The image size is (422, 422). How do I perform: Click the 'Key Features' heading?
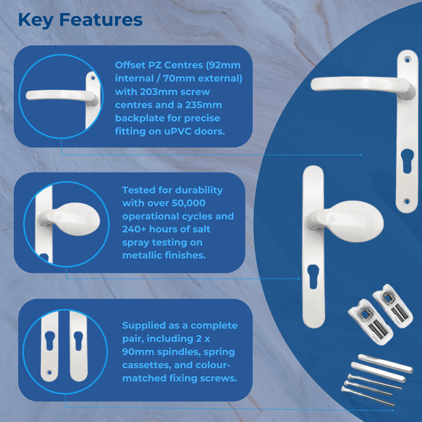click(x=80, y=20)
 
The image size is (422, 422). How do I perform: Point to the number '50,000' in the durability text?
click(x=189, y=203)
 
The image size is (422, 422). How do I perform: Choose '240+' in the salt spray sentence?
click(x=134, y=229)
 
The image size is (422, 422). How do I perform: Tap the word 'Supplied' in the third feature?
click(x=144, y=326)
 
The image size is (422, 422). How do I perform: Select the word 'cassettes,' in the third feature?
click(x=146, y=365)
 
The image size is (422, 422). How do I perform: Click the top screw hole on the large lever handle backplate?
click(x=407, y=60)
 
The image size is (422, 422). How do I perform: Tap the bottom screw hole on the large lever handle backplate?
click(x=407, y=201)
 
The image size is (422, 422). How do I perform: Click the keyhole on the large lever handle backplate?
click(x=407, y=161)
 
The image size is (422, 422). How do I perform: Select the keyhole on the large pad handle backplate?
click(x=313, y=277)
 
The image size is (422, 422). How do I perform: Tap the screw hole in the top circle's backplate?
click(x=93, y=78)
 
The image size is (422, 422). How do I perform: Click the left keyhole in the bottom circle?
click(x=50, y=341)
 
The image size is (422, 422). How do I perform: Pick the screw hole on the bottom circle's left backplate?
click(x=49, y=373)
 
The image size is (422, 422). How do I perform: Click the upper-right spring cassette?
click(x=392, y=306)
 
